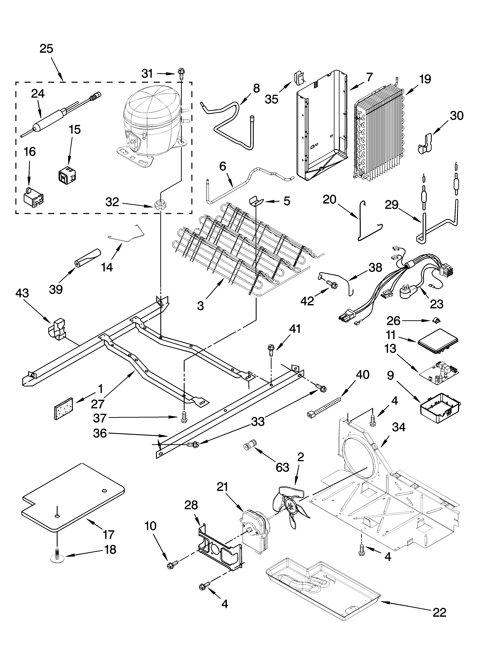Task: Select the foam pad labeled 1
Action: [x=64, y=409]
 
